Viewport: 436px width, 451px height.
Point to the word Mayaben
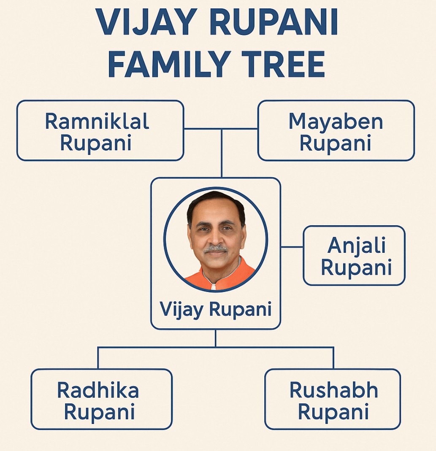click(336, 122)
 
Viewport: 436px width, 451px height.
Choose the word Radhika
click(98, 390)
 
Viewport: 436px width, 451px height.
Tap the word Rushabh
click(333, 390)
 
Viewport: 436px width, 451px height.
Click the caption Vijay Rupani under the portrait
click(216, 310)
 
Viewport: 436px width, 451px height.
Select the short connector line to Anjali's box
click(292, 247)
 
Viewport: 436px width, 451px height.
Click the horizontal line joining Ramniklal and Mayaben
click(221, 129)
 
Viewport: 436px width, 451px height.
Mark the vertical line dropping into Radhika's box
click(98, 358)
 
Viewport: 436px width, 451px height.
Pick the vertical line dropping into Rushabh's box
click(333, 358)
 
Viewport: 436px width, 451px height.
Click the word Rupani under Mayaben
click(335, 143)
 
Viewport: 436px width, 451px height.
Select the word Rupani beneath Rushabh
click(333, 412)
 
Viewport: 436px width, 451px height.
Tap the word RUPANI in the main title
click(274, 22)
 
